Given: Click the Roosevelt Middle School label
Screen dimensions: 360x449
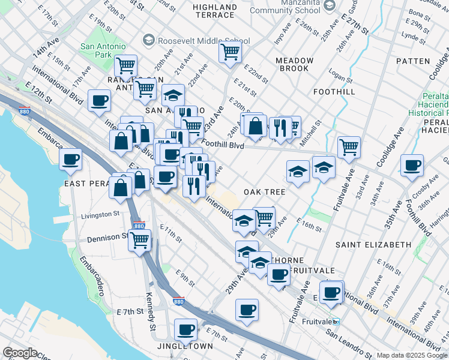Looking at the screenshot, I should pyautogui.click(x=203, y=41).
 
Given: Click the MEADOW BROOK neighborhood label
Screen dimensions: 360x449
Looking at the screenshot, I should pyautogui.click(x=294, y=65).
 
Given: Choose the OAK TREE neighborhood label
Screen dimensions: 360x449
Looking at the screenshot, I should pyautogui.click(x=264, y=192).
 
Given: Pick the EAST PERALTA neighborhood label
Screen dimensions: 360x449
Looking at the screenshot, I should pyautogui.click(x=88, y=182).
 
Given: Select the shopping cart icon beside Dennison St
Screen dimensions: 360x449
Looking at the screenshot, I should pyautogui.click(x=140, y=241).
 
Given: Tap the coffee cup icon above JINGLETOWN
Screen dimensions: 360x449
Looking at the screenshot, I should pyautogui.click(x=185, y=329).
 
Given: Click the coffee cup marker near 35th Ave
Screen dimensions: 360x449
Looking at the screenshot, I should pyautogui.click(x=412, y=166).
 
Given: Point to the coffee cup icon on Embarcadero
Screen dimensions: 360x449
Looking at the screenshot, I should pyautogui.click(x=71, y=160).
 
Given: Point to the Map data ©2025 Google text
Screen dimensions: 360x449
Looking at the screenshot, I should pyautogui.click(x=412, y=355).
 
